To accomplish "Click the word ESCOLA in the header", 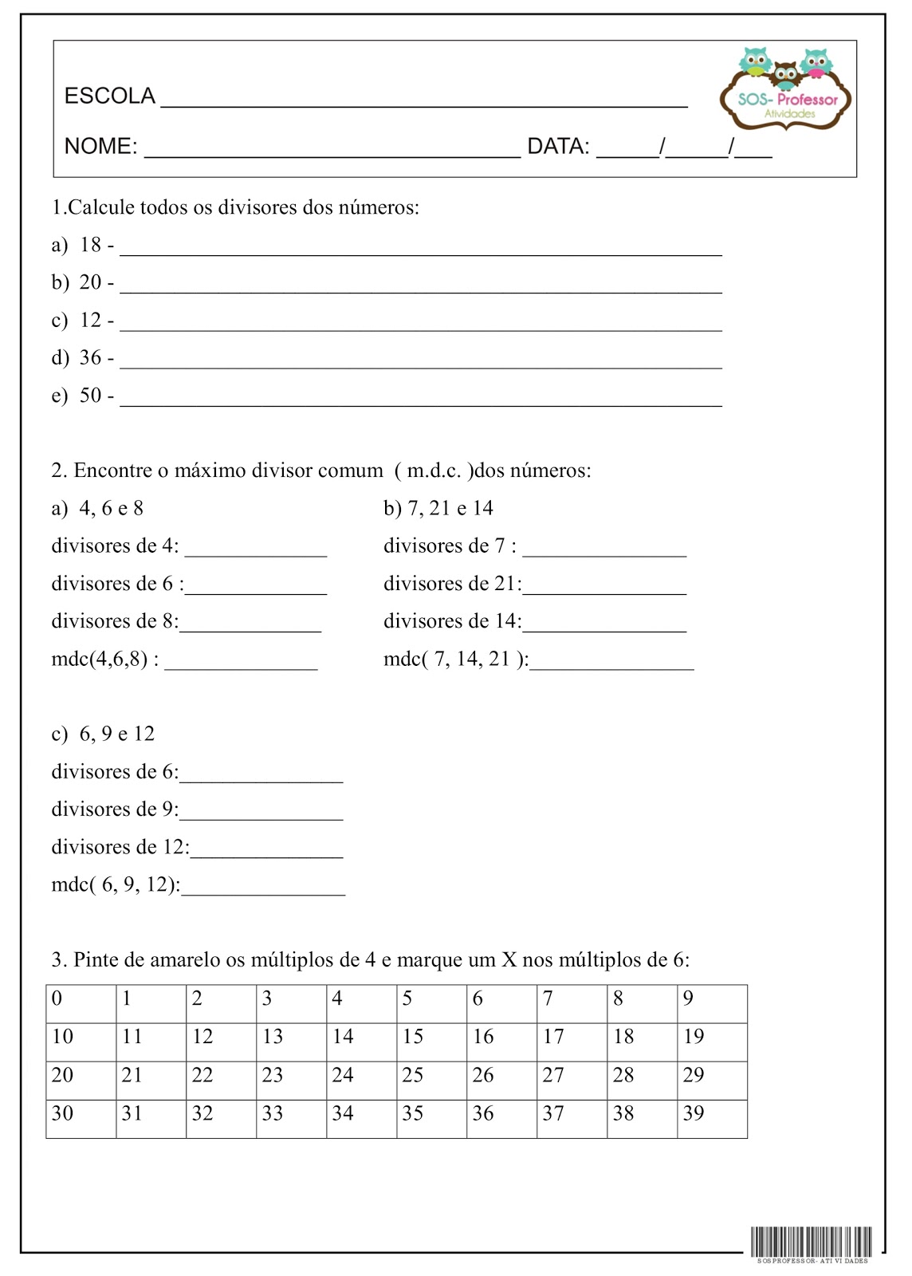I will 109,96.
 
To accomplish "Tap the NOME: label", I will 100,147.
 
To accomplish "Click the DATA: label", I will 558,147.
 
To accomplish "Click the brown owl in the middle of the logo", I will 786,76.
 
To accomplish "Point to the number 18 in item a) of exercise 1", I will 90,245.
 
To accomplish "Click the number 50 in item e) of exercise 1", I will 90,396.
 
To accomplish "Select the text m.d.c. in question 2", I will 434,471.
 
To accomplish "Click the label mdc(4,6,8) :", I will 104,660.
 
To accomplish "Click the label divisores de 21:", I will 452,584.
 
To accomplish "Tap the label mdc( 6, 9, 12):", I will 116,884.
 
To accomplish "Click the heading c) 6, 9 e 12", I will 103,734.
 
